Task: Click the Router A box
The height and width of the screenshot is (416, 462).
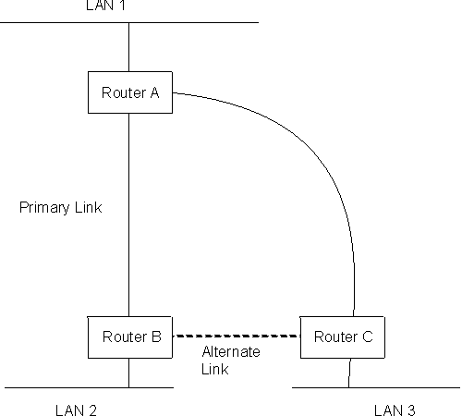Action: coord(128,92)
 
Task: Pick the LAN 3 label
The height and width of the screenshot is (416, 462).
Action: coord(395,409)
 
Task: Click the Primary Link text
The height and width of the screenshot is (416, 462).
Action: coord(60,208)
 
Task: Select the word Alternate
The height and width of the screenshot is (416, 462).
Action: coord(231,352)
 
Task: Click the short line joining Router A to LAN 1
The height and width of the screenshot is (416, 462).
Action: coord(128,46)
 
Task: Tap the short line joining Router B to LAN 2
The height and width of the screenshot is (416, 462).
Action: coord(128,373)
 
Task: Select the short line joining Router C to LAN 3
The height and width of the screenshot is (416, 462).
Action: coord(349,373)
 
